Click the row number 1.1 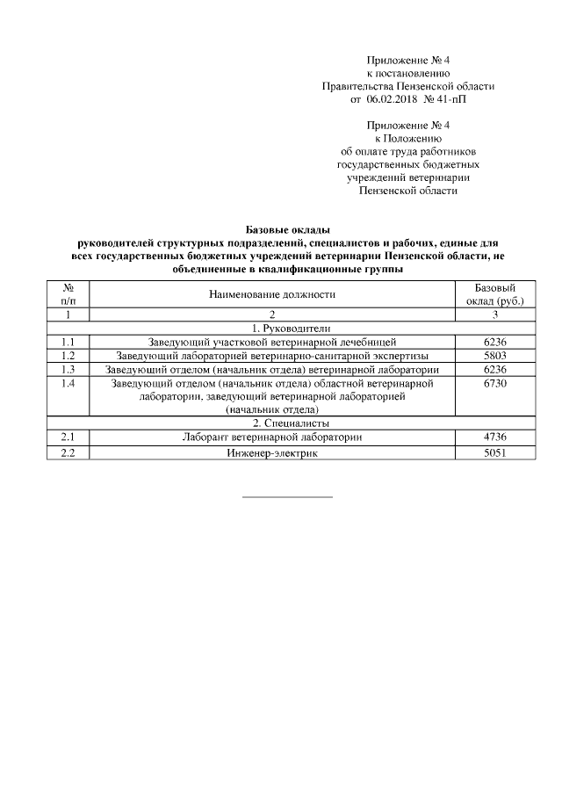coord(69,342)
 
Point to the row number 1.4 coord(69,384)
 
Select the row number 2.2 coord(69,453)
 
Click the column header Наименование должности coord(272,295)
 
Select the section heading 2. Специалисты coord(272,423)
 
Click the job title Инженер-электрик coord(272,453)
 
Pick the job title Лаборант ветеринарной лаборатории coord(272,437)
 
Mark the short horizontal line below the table coord(287,497)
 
